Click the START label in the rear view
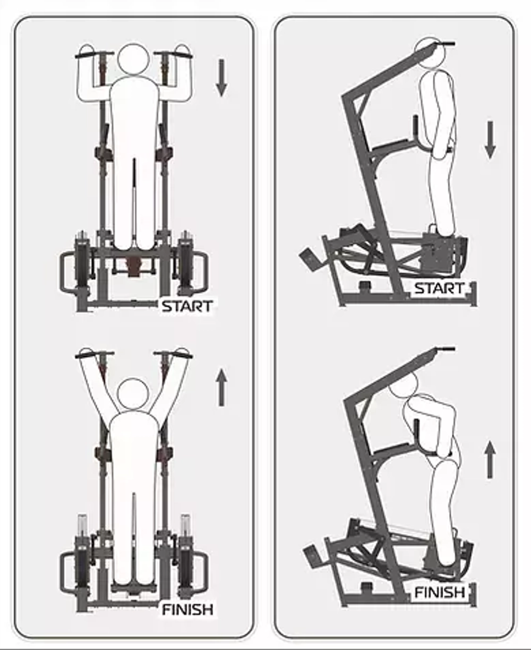187,306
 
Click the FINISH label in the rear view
187,609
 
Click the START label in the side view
439,289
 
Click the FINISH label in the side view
440,592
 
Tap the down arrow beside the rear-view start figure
221,78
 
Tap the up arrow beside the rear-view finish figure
221,387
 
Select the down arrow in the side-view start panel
490,140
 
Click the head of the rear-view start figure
134,60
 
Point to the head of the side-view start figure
430,53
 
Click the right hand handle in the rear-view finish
173,356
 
